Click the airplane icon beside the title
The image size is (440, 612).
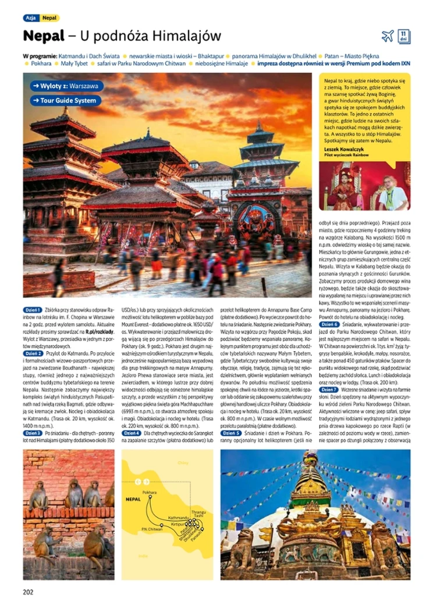point(388,36)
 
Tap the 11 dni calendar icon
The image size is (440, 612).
point(404,36)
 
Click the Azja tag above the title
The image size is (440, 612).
point(30,18)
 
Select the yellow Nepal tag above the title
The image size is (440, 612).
point(50,18)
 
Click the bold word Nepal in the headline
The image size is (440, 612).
point(44,36)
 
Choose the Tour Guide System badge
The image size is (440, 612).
point(66,101)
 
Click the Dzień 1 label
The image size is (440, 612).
point(31,310)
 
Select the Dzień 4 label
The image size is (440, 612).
point(131,433)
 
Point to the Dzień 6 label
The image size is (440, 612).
point(329,324)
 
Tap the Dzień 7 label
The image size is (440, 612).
point(329,389)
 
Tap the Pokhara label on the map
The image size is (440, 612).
point(150,492)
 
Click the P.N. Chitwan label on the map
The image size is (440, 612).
point(151,529)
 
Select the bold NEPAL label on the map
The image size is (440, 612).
point(133,499)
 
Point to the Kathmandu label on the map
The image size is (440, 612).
point(178,517)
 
